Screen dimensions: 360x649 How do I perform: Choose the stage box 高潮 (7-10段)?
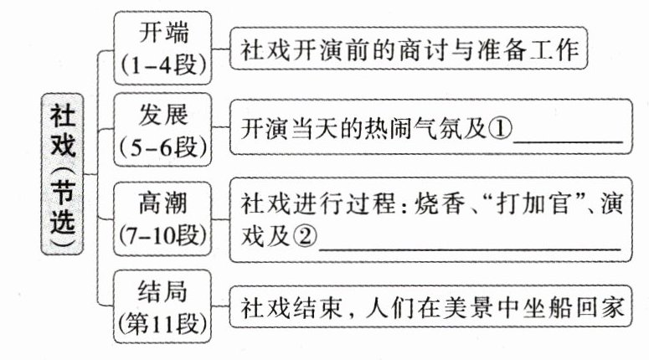pos(163,219)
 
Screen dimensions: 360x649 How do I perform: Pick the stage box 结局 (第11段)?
pos(163,306)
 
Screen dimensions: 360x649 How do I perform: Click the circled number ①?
pos(500,131)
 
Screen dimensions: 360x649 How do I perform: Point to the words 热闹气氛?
pos(394,131)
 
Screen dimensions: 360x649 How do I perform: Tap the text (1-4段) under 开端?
pos(163,64)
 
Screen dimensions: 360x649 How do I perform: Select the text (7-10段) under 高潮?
pos(163,234)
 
